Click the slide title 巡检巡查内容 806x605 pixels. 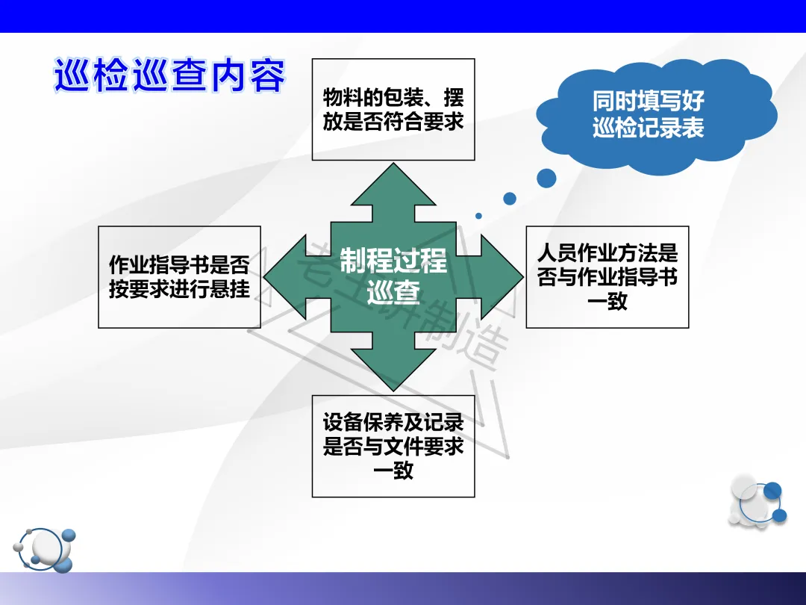[169, 75]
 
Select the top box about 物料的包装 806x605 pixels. [393, 109]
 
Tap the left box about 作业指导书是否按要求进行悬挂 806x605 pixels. [179, 277]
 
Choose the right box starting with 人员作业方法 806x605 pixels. [607, 277]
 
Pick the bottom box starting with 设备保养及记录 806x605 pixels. [393, 446]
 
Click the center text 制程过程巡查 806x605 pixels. [393, 276]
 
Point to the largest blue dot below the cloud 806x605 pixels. [546, 178]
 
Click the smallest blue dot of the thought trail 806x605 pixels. [478, 216]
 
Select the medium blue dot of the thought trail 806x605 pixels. [510, 199]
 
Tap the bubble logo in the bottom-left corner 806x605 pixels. [49, 547]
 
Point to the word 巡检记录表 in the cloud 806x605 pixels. [648, 128]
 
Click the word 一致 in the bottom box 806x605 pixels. [393, 471]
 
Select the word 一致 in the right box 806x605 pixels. [607, 302]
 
